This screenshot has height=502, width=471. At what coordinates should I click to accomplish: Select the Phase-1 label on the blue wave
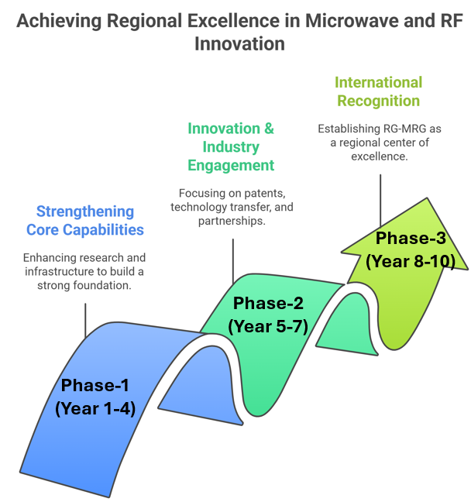tap(95, 385)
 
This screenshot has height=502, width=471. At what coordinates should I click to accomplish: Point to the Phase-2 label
tap(269, 303)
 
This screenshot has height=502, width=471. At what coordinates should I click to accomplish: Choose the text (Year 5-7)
tap(269, 325)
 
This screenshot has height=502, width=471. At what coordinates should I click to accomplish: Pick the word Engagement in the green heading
tap(231, 165)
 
